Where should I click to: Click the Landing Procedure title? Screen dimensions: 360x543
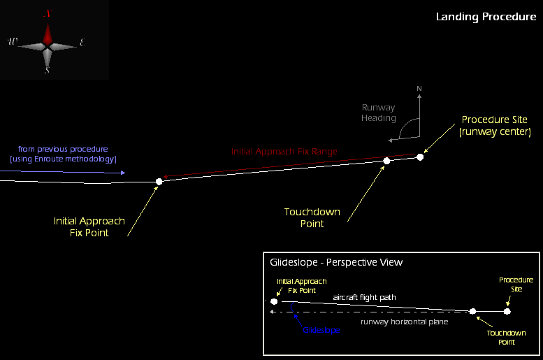click(486, 17)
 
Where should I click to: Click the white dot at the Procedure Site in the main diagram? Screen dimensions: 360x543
click(420, 157)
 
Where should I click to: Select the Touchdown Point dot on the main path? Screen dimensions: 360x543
click(386, 161)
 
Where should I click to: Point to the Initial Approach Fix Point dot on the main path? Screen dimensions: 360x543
click(159, 182)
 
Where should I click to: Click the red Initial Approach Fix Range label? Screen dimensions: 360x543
click(284, 151)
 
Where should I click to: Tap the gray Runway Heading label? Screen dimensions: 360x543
click(378, 113)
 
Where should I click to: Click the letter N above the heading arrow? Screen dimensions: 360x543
click(419, 89)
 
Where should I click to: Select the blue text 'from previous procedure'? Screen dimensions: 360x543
click(64, 149)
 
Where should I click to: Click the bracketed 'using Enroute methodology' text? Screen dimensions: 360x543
click(64, 159)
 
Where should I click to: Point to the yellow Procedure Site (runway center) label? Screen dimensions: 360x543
click(495, 125)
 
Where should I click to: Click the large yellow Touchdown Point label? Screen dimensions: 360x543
click(312, 217)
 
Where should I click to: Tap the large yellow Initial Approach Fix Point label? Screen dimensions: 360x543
click(89, 226)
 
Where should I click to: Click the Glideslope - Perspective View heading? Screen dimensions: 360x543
click(336, 262)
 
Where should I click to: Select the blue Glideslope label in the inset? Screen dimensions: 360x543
click(321, 330)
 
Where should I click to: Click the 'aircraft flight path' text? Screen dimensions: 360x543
click(364, 297)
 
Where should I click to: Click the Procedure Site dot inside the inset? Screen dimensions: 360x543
click(507, 311)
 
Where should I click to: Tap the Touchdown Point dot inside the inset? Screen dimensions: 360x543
click(473, 311)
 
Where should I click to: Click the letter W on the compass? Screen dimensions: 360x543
click(13, 42)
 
